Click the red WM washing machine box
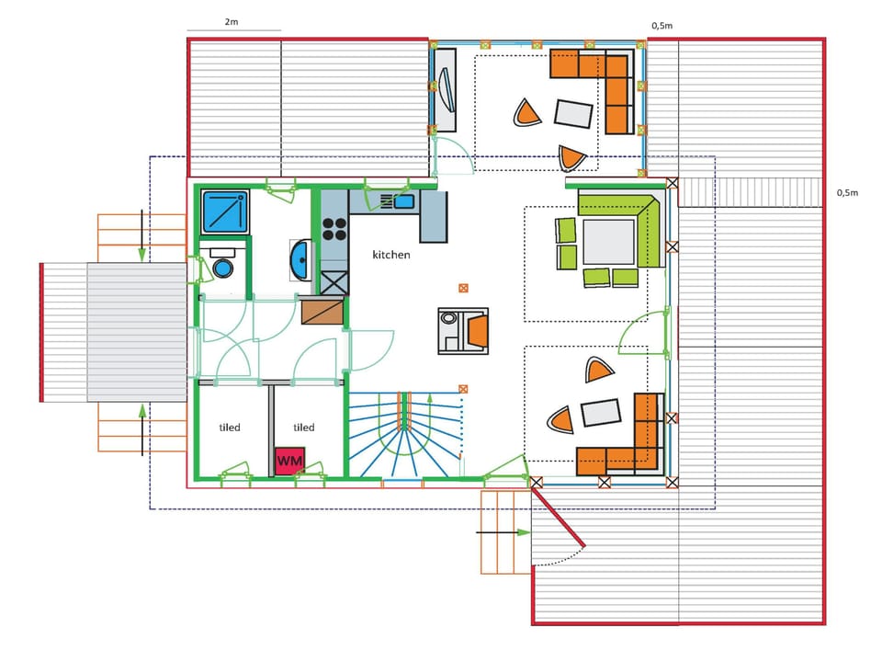290,461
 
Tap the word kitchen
391,255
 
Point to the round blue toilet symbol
222,267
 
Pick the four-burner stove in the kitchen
334,229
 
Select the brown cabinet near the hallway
322,312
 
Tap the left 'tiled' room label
229,428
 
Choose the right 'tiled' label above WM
303,428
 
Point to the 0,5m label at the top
662,26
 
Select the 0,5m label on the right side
847,192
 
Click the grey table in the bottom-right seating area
601,412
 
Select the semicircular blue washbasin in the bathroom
300,260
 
